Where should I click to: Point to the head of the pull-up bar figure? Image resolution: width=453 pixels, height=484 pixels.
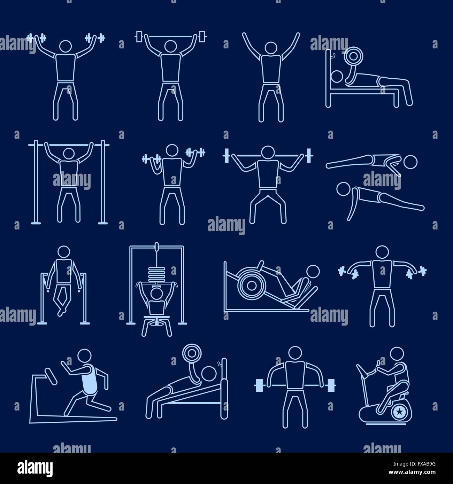click(69, 154)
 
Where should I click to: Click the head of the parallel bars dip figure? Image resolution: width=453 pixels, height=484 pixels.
click(64, 251)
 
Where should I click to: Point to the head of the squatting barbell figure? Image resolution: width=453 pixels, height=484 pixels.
click(268, 152)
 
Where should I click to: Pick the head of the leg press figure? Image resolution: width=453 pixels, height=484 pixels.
click(313, 272)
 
